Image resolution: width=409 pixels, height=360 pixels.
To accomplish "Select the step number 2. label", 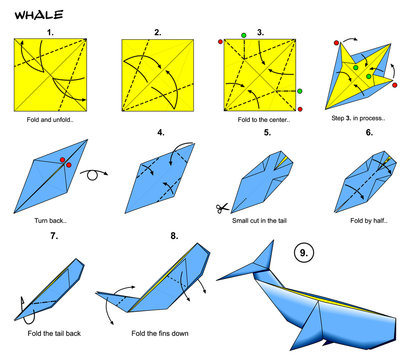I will tap(157, 31).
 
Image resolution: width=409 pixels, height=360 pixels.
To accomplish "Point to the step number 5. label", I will tap(267, 132).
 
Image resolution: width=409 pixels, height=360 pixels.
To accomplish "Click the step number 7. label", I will tap(55, 236).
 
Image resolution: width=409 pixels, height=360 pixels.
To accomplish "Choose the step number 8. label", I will tap(174, 236).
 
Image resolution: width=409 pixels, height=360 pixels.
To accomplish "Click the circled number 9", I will tap(304, 253).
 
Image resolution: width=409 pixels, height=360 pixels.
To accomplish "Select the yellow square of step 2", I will tap(157, 75).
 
